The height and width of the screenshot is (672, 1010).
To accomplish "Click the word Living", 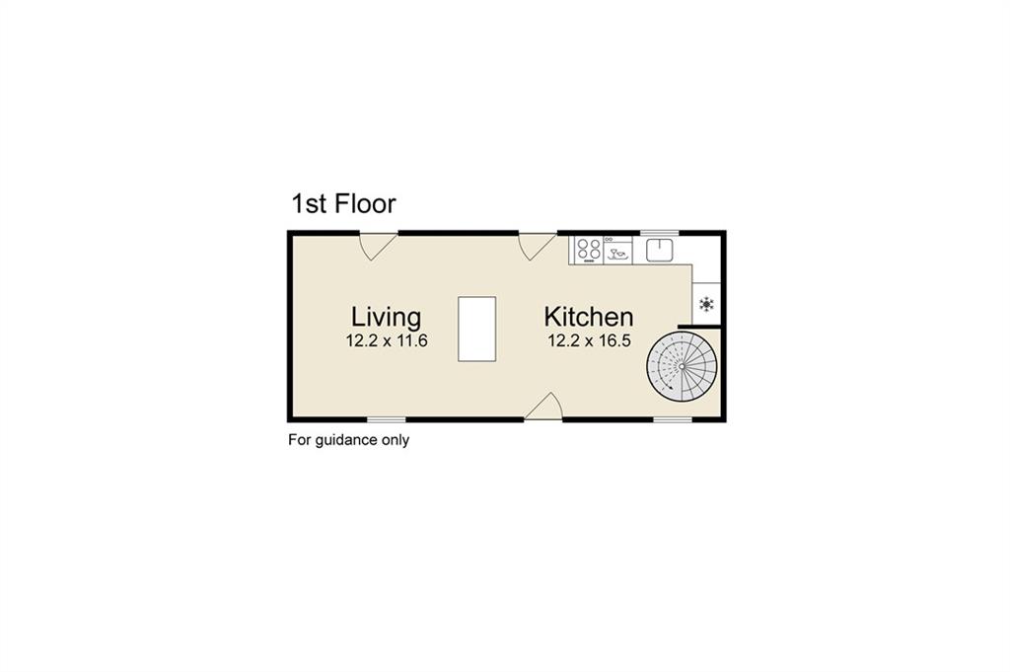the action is click(386, 318).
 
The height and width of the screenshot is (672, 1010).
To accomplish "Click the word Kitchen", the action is click(589, 317).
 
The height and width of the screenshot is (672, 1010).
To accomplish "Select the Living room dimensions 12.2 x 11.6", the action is click(387, 340).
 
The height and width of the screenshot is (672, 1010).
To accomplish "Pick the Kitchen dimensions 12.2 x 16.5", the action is click(590, 340).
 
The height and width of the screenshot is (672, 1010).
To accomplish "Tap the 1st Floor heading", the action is click(343, 203).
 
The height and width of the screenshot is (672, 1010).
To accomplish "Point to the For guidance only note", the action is click(348, 440).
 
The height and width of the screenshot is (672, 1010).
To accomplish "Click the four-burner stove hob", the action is click(589, 250).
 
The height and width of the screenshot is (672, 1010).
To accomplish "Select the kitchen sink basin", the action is click(660, 250).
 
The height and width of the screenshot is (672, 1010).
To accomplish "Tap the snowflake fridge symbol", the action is click(706, 304).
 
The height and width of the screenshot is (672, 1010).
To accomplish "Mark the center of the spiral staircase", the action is click(682, 366).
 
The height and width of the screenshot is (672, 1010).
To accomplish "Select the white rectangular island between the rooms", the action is click(476, 329).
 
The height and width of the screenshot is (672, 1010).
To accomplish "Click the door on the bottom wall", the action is click(543, 407).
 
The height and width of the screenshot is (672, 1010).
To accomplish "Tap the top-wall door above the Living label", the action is click(378, 246).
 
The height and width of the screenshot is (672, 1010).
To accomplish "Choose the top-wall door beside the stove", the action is click(538, 246).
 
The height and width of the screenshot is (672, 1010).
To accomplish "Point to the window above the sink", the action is click(660, 233).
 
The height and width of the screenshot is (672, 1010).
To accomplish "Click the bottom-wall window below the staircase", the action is click(673, 419).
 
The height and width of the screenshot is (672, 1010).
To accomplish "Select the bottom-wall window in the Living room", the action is click(387, 419).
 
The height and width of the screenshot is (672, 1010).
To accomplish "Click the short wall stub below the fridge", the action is click(699, 327).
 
